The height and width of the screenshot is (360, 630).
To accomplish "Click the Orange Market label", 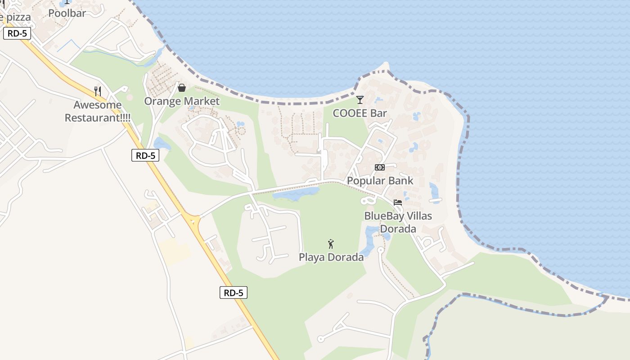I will (x=182, y=101).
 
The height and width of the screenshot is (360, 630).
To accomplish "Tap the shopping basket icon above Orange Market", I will (x=182, y=88).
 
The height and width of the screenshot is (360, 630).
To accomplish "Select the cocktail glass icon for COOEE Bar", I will (x=360, y=99).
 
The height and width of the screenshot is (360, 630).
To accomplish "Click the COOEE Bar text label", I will (x=360, y=113).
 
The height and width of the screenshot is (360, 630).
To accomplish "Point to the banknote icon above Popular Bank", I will (x=380, y=167).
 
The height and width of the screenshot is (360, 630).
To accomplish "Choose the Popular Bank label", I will (x=380, y=181).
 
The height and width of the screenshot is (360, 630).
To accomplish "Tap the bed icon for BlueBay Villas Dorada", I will (x=398, y=202).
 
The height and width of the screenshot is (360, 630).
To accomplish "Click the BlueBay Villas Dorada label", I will (x=398, y=222).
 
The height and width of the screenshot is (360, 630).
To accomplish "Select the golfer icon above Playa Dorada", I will (x=331, y=244).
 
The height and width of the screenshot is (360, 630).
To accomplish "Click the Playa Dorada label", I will (x=331, y=257).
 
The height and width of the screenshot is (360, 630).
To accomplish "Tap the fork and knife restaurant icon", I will (x=98, y=91).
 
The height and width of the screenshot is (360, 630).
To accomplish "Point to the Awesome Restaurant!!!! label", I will (x=98, y=112).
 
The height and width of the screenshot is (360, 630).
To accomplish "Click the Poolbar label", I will (x=67, y=13).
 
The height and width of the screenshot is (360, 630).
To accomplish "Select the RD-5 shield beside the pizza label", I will (x=17, y=33).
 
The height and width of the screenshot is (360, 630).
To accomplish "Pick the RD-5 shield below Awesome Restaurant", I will (x=145, y=156).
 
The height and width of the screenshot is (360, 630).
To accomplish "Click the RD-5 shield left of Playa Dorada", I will (x=234, y=292).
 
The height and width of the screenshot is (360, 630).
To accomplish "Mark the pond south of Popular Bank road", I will (x=295, y=194).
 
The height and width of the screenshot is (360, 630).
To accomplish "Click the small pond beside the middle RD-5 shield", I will (x=162, y=144).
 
